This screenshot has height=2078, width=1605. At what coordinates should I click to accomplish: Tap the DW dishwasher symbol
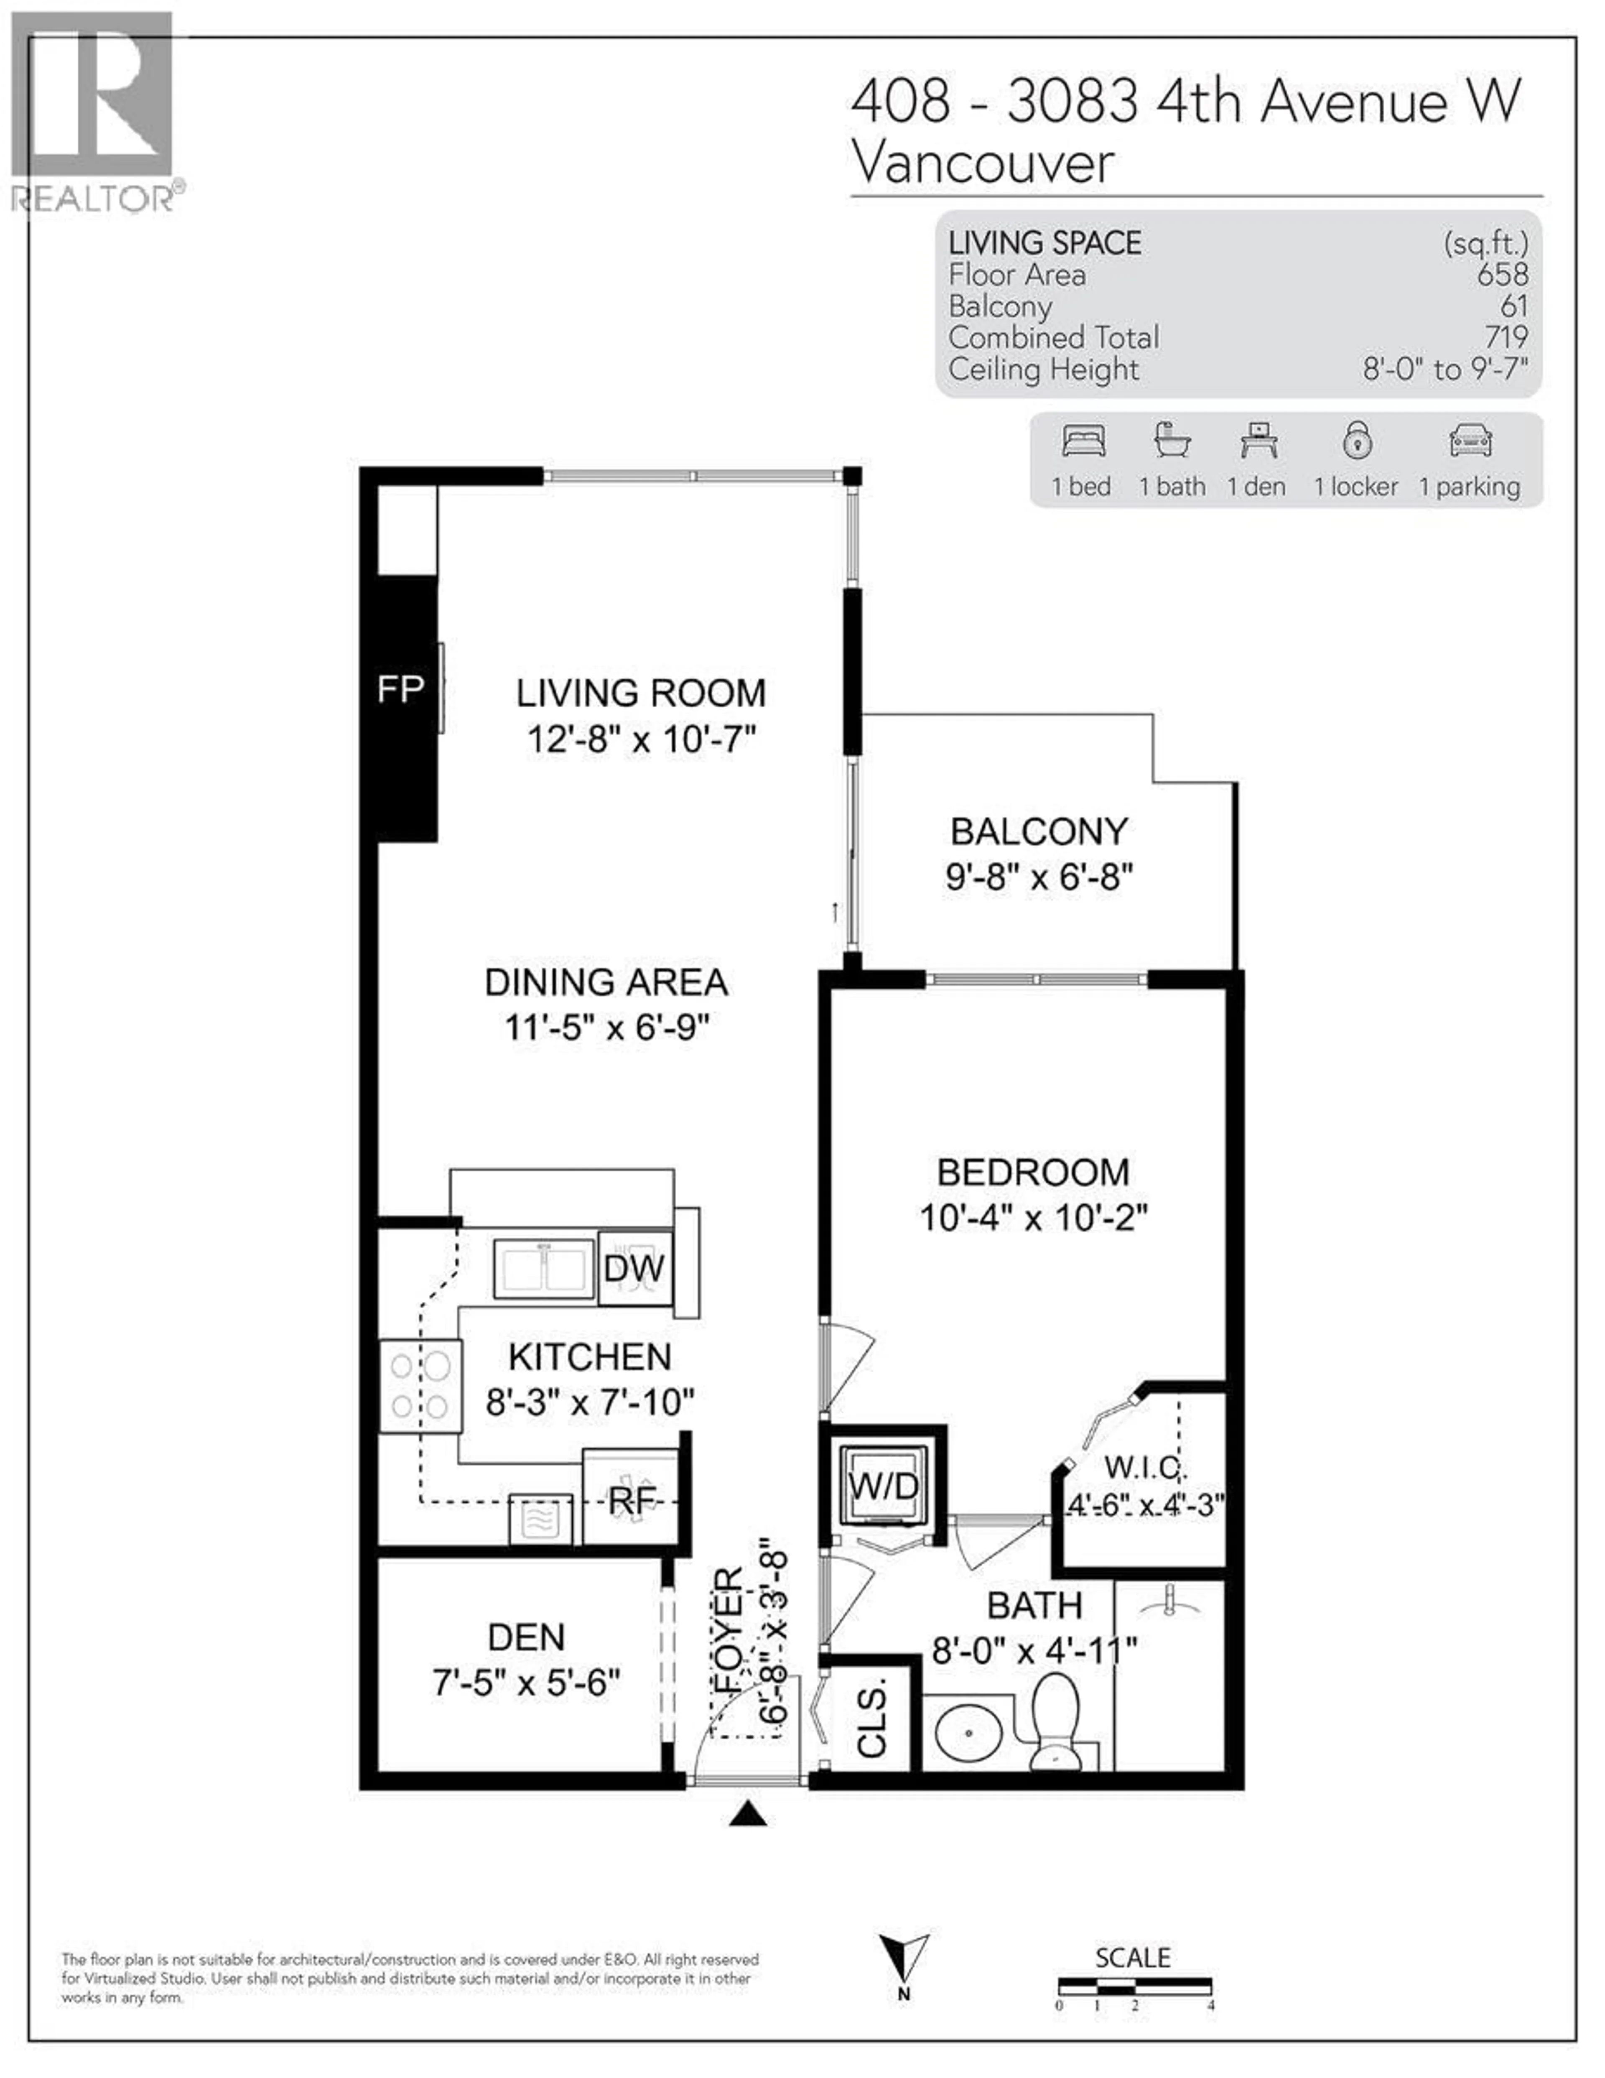(x=634, y=1268)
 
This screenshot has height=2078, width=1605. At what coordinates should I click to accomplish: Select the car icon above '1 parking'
(x=1470, y=441)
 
